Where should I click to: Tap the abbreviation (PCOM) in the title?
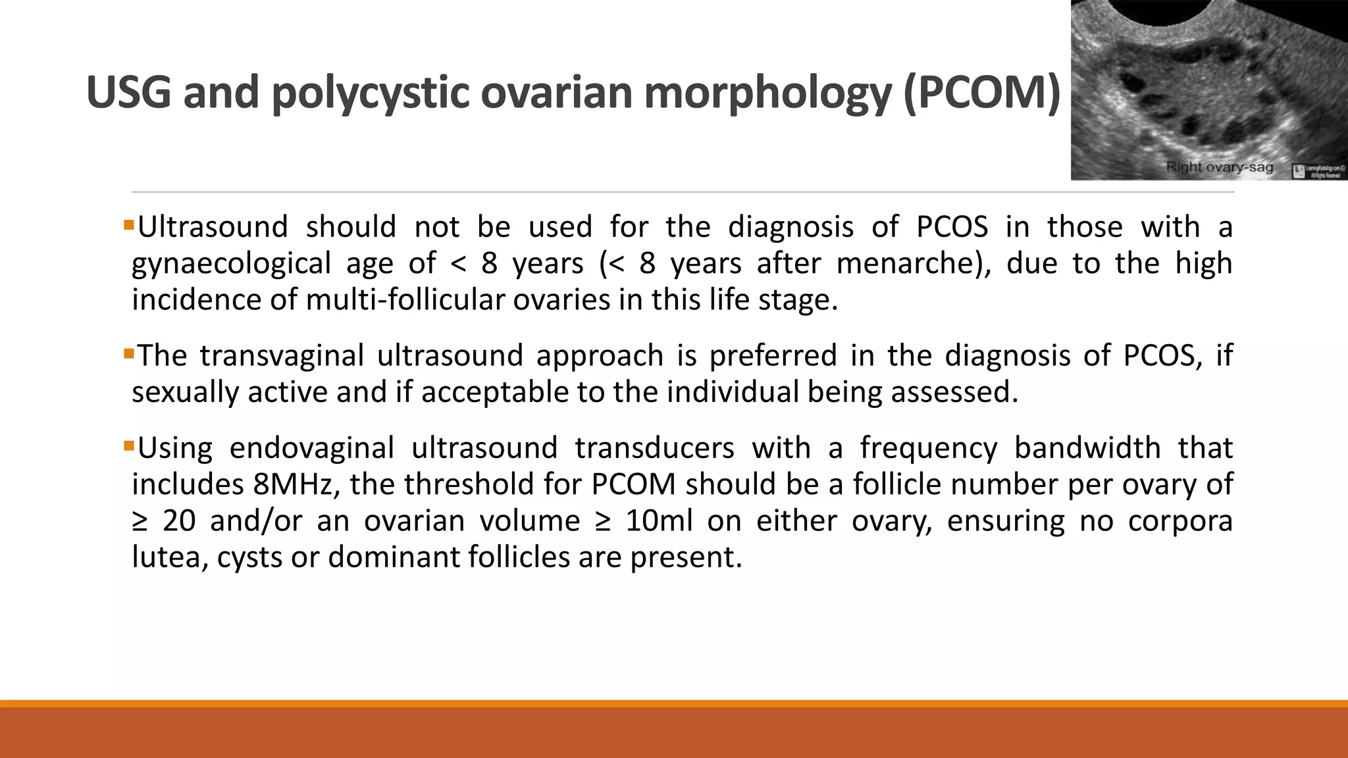coord(982,92)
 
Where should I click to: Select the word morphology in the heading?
coord(767,93)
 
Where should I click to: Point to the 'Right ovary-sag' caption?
coord(1219,167)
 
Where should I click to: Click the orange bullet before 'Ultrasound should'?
coord(128,226)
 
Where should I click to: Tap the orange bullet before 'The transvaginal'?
coord(128,355)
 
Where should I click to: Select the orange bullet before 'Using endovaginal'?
coord(128,447)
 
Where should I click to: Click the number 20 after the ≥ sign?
coord(179,521)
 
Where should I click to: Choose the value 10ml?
coord(659,521)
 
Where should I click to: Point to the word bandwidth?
coord(1087,448)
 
